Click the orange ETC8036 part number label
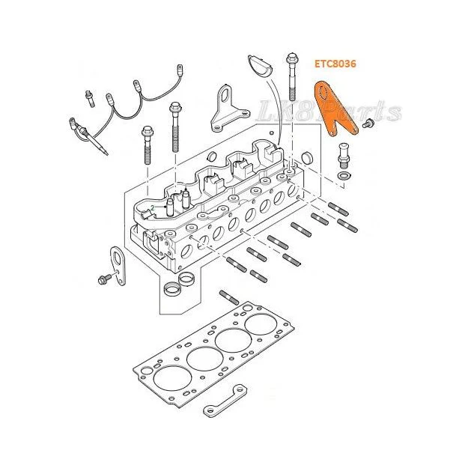pyautogui.click(x=335, y=64)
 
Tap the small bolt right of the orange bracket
pyautogui.click(x=368, y=123)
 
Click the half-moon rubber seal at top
pyautogui.click(x=260, y=66)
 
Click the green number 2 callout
pyautogui.click(x=153, y=207)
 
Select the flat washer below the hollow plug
pyautogui.click(x=344, y=175)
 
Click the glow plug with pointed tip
pyautogui.click(x=88, y=136)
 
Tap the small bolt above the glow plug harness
pyautogui.click(x=90, y=98)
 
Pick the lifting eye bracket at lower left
pyautogui.click(x=118, y=266)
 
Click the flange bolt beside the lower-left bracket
pyautogui.click(x=104, y=279)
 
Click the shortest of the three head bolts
pyautogui.click(x=148, y=145)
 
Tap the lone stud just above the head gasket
pyautogui.click(x=229, y=297)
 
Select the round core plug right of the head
pyautogui.click(x=308, y=157)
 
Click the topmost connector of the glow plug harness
pyautogui.click(x=180, y=70)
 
